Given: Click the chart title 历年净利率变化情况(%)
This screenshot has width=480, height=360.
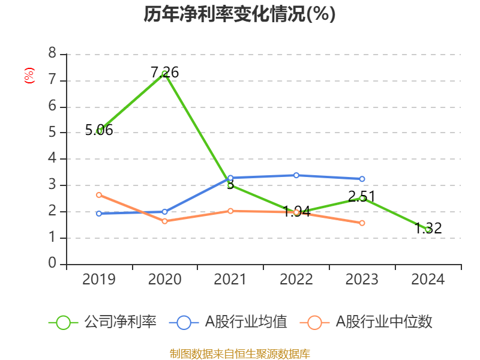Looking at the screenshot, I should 239,14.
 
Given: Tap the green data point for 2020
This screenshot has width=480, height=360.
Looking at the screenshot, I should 164,73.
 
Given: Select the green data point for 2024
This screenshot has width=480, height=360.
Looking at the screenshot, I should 428,229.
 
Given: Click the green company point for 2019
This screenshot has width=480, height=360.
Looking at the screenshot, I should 99,131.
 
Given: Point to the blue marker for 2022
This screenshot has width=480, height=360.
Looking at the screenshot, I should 296,175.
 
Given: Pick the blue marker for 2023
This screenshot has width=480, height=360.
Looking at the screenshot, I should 362,179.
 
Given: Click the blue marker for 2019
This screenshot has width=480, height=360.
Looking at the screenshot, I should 99,213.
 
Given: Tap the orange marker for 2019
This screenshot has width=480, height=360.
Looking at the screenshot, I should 99,194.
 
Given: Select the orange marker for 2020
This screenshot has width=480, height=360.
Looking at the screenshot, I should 164,221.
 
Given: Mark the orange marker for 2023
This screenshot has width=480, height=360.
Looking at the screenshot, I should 362,223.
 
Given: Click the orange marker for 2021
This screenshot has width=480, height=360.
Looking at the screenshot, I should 230,211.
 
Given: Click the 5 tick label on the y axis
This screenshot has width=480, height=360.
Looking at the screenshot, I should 52,133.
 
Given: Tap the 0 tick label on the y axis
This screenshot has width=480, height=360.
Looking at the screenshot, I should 52,263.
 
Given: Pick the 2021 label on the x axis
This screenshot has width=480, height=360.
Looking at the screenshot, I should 230,279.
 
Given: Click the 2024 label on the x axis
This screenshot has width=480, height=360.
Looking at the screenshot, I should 428,279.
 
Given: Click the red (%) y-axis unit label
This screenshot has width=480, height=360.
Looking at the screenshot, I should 29,76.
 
